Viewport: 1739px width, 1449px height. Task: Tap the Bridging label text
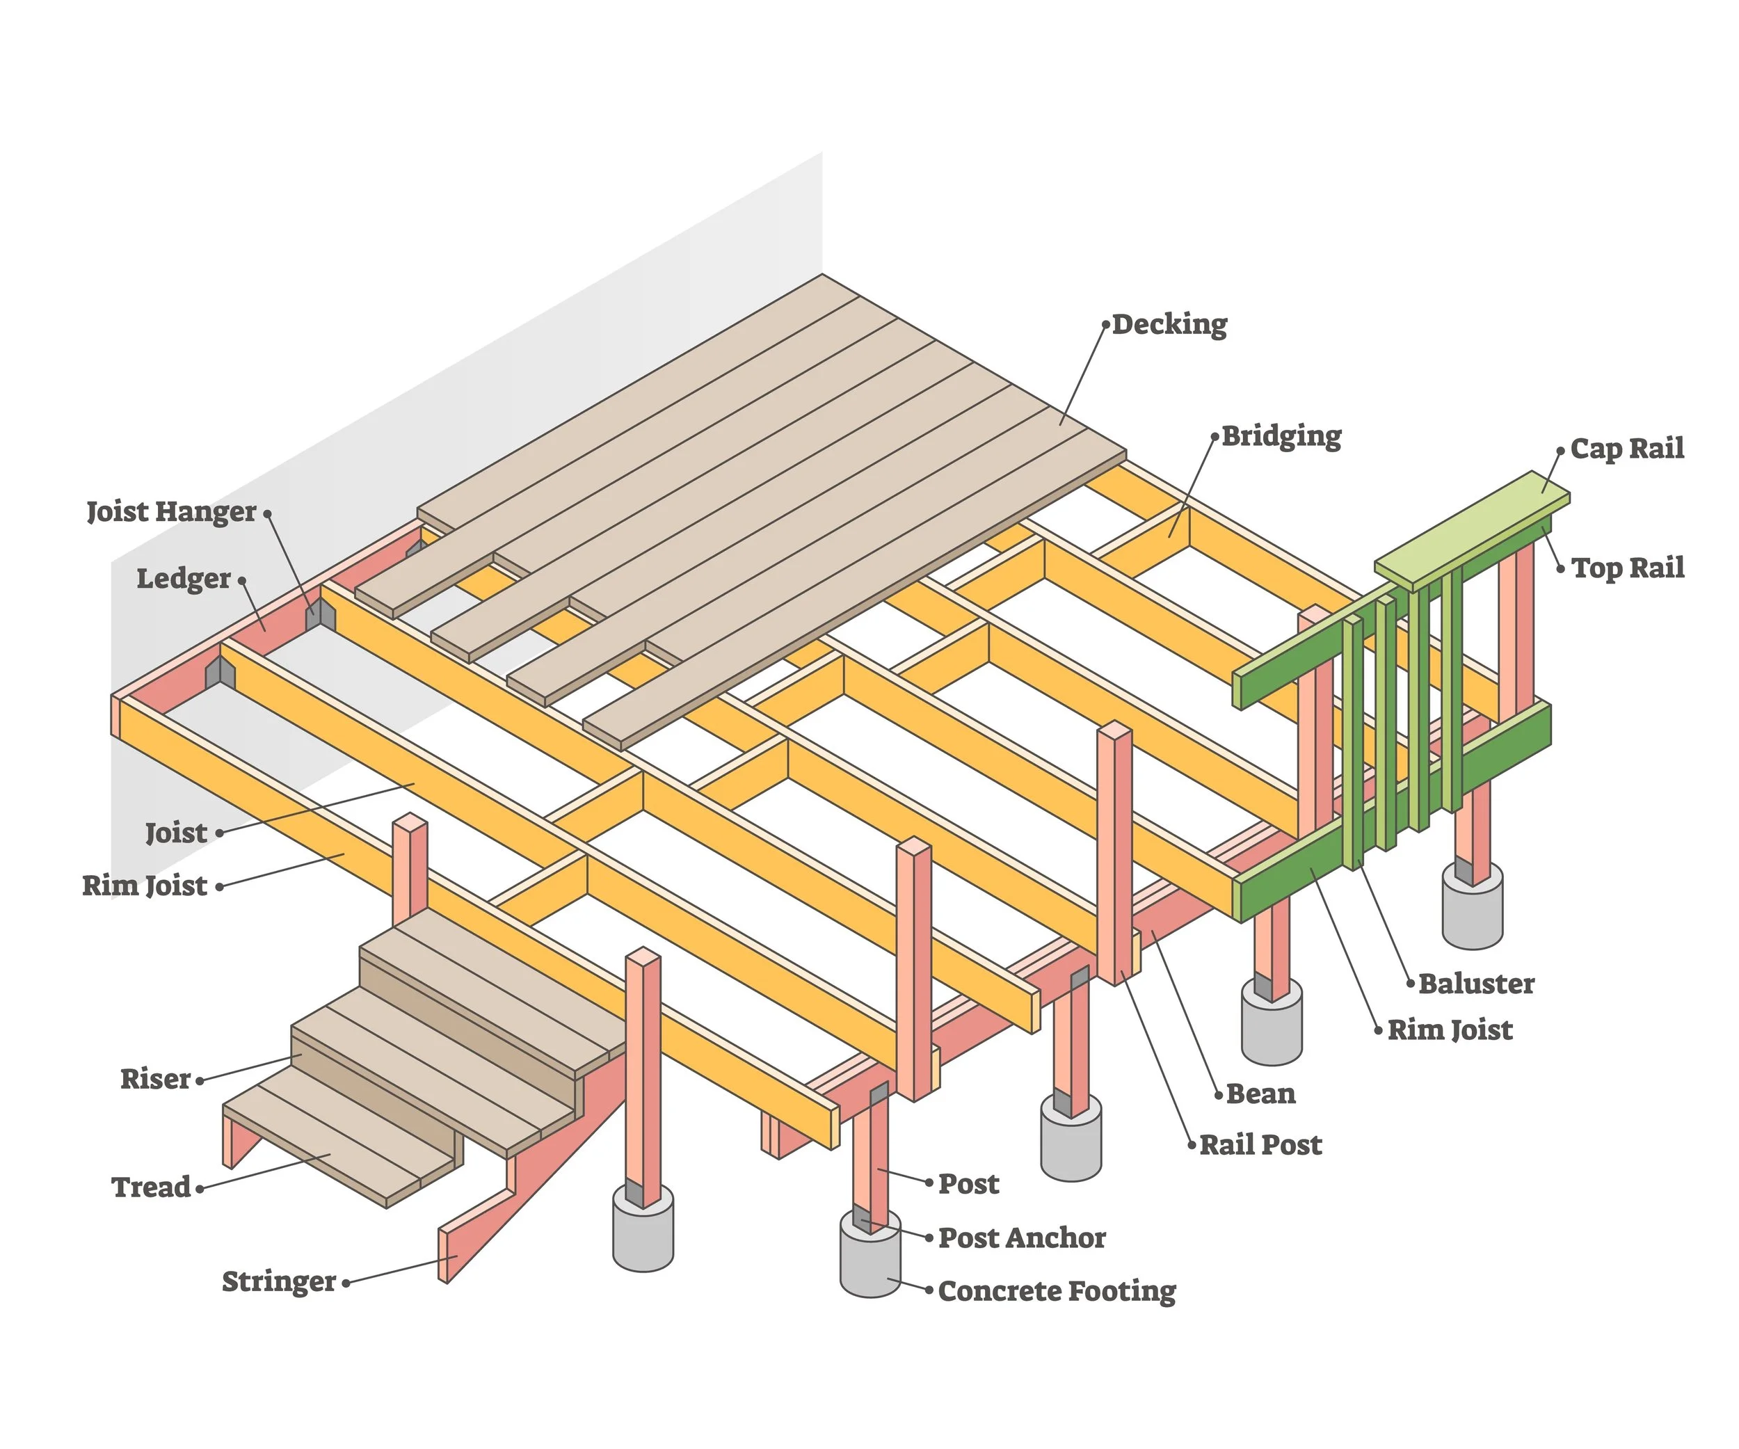coord(1281,435)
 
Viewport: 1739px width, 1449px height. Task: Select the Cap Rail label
coord(1626,448)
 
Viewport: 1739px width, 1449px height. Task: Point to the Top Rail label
coord(1627,568)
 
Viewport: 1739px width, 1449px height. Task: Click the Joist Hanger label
coord(171,512)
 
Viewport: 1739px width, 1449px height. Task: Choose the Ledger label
coord(183,579)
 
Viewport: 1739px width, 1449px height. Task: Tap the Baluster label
coord(1475,984)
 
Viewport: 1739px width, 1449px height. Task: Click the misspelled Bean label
coord(1260,1094)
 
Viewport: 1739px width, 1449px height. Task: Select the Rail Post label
coord(1260,1145)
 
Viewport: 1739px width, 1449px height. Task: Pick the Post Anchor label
coord(1021,1238)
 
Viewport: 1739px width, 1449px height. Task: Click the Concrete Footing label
coord(1056,1291)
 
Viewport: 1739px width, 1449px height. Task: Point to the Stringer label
coord(278,1282)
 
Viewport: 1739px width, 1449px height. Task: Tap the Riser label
coord(155,1079)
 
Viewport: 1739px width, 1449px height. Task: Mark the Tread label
coord(151,1187)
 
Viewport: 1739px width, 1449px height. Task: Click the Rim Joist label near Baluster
coord(1449,1030)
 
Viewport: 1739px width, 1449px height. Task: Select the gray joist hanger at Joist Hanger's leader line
coord(320,615)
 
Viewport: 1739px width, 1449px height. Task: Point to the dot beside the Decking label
coord(1105,326)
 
